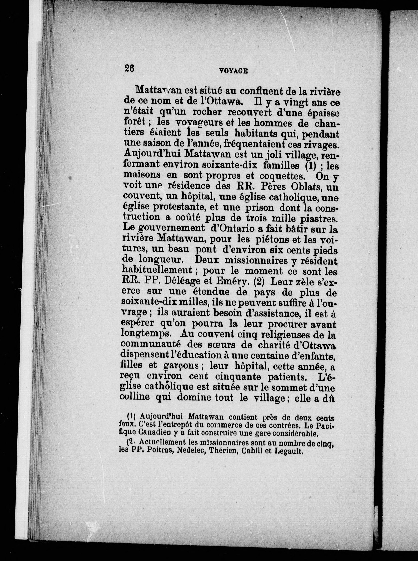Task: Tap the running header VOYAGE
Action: (x=233, y=71)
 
